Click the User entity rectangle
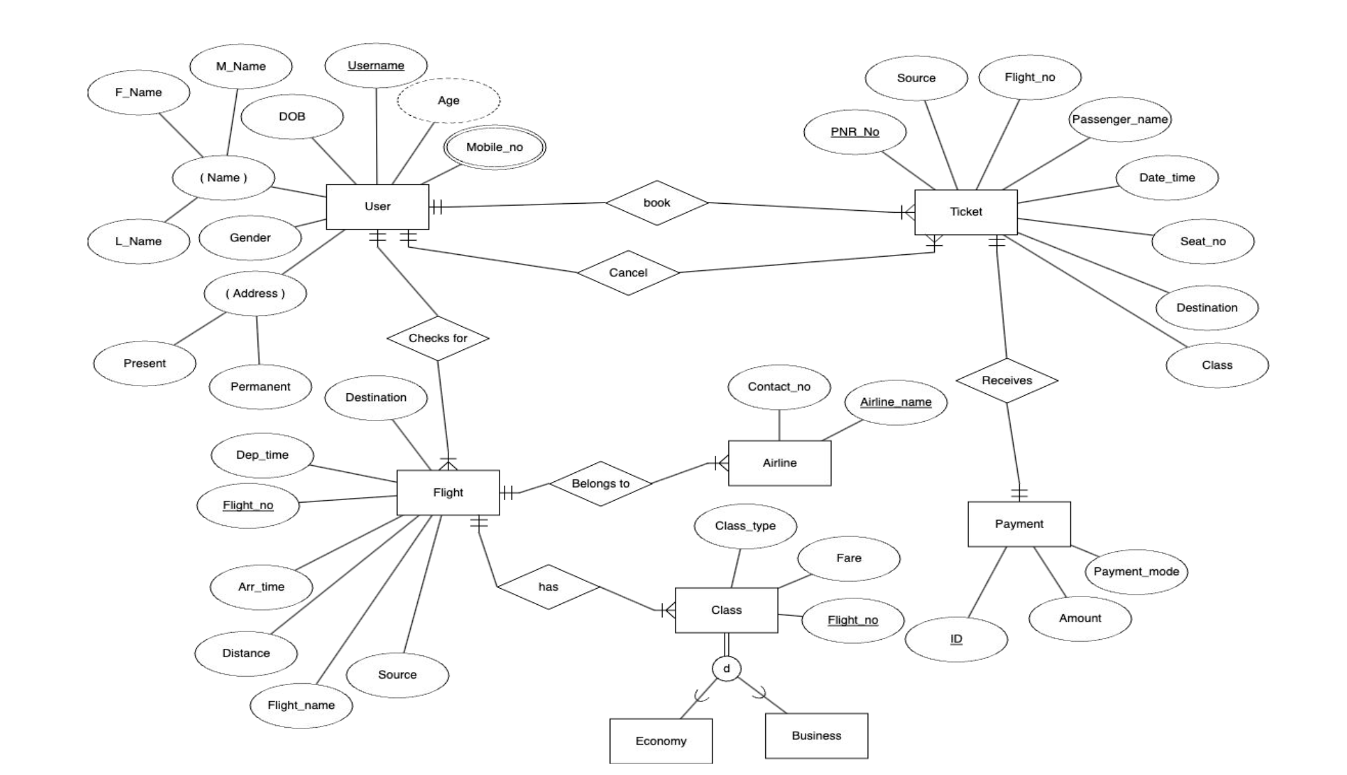(377, 206)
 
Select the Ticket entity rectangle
(965, 212)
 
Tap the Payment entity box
(1019, 523)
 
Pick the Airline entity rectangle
(780, 463)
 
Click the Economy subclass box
(661, 741)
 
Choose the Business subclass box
(816, 736)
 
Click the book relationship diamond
(657, 202)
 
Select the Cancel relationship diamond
(628, 272)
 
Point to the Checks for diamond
(438, 338)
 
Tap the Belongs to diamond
(600, 483)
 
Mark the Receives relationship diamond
(1007, 380)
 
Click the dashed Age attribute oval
(448, 100)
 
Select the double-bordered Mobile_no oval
(494, 147)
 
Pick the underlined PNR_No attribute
(855, 132)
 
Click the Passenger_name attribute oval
(1120, 119)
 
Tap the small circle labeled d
(727, 668)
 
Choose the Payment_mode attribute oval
(1136, 571)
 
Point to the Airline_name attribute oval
(895, 402)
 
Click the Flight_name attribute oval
(301, 705)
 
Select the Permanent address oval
(260, 386)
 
